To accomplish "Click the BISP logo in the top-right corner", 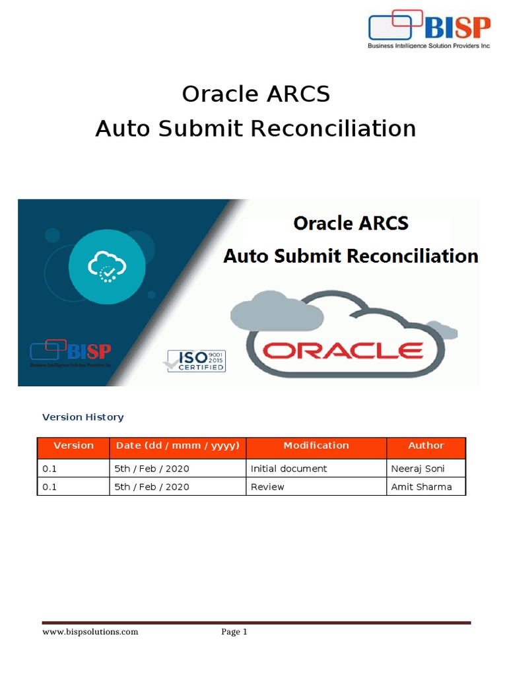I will click(429, 30).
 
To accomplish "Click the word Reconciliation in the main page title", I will click(332, 128).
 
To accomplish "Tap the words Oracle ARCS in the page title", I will click(255, 94).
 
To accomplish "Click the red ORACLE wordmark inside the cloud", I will click(343, 349).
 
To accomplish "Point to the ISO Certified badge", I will click(195, 360).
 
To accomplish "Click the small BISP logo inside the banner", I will click(71, 353).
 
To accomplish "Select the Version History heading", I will click(83, 417).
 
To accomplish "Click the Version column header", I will click(73, 446).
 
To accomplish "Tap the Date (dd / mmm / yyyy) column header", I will click(177, 446).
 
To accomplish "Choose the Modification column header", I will click(316, 446).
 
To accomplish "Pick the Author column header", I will click(426, 446).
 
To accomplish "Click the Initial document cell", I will click(288, 469).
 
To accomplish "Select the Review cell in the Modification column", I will click(267, 487).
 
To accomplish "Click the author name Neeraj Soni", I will click(418, 469).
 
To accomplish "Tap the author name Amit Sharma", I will click(421, 487).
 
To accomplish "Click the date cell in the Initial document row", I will click(152, 469).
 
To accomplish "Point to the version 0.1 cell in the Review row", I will click(50, 487).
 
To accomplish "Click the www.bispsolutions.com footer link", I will click(90, 632).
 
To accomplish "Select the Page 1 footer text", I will click(234, 632).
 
